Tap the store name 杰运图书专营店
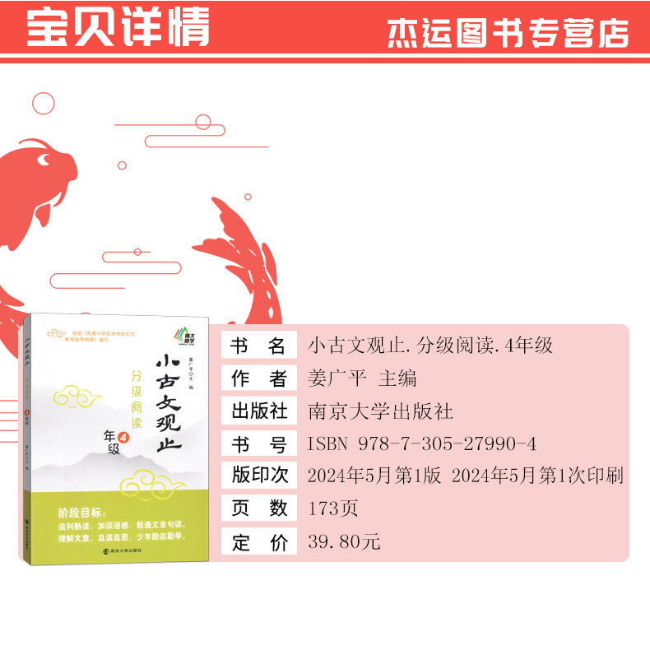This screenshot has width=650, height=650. coord(508,32)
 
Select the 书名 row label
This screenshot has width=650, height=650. coord(258,346)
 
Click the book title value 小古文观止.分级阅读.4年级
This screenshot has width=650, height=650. coord(429,346)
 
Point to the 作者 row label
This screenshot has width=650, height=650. coord(258,378)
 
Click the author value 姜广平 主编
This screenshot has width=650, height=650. coord(362,378)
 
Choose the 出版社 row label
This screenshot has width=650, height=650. coord(258,411)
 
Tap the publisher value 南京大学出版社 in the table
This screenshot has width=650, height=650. coord(379,411)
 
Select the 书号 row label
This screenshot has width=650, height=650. coord(258,443)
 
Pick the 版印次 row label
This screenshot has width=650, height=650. coord(258,476)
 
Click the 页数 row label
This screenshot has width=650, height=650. coord(258,508)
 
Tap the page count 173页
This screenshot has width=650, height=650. coord(332,508)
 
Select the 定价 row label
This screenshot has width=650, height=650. coord(258,541)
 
